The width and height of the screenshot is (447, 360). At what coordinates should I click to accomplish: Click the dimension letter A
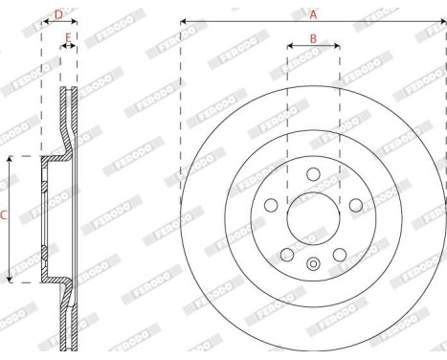pos(312,13)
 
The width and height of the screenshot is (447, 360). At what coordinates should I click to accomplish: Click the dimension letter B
pos(313,38)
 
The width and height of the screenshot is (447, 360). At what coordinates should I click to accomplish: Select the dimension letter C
pos(3,217)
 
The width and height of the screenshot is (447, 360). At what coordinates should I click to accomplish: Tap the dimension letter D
pos(58,14)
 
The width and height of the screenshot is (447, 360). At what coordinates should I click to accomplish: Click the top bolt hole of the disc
pos(313,173)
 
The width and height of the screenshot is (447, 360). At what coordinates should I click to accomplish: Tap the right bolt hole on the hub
pos(355,204)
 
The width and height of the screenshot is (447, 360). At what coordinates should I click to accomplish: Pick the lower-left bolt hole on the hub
pos(287,254)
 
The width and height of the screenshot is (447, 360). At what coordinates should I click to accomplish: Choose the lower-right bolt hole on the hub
pos(339,254)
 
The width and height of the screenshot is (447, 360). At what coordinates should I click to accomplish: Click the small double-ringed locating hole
pos(313,264)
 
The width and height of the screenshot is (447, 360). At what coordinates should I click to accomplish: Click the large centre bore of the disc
pos(313,217)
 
